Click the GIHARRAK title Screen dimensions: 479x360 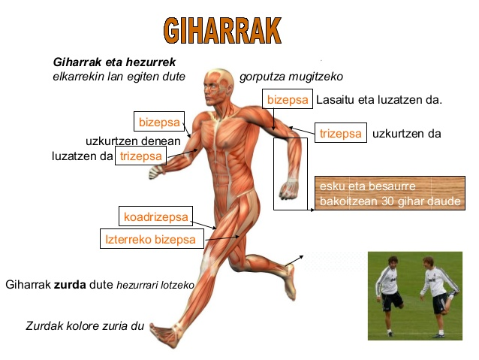[222, 30]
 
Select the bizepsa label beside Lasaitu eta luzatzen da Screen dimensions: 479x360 [288, 98]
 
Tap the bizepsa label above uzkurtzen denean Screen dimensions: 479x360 [159, 122]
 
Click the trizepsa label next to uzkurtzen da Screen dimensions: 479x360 [341, 133]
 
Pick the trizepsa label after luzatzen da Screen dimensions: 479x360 [141, 156]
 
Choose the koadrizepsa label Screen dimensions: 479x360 [156, 216]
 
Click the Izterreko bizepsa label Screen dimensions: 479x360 [152, 238]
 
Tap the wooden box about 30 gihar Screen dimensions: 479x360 [390, 193]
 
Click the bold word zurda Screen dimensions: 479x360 [70, 284]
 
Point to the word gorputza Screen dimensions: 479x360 [266, 77]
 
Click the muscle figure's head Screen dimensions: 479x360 [218, 86]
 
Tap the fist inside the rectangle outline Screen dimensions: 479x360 [288, 189]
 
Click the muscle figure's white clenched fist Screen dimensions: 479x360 [156, 172]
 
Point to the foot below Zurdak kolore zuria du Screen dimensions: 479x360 [165, 334]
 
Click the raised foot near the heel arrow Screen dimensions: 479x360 [291, 282]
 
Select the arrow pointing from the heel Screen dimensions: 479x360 [294, 260]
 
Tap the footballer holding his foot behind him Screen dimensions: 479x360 [440, 296]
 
